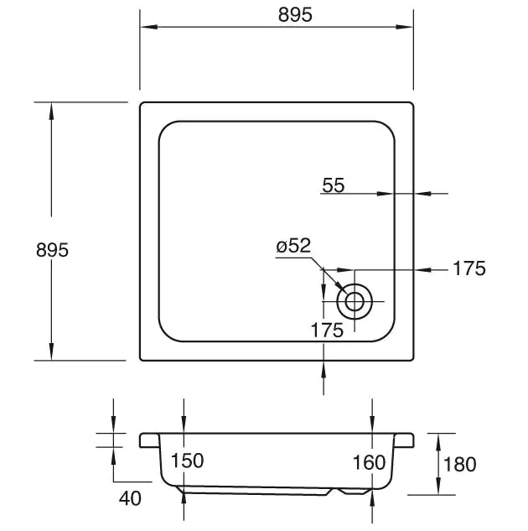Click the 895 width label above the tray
276,14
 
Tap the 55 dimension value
333,186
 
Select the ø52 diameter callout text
293,246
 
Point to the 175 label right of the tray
469,269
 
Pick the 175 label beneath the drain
327,331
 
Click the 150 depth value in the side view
187,461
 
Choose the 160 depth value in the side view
369,462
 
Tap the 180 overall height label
459,464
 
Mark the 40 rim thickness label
130,498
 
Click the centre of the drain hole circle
355,300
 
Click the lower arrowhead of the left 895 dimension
52,353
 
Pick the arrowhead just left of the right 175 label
423,270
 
